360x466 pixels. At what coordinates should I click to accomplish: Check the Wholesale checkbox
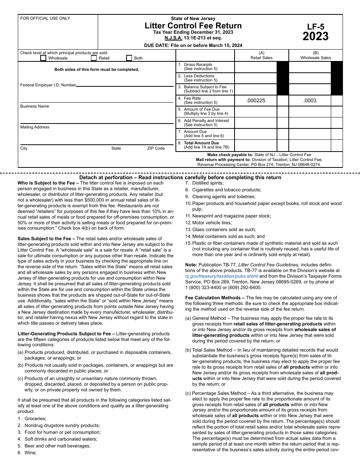pyautogui.click(x=43, y=58)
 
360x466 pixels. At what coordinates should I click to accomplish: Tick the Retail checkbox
pyautogui.click(x=94, y=58)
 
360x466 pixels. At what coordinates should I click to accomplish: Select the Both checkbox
pyautogui.click(x=129, y=58)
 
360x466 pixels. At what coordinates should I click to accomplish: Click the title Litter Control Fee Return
pyautogui.click(x=193, y=26)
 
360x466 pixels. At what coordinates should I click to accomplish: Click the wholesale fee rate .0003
pyautogui.click(x=310, y=100)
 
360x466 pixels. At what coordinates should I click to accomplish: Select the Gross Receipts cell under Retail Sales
pyautogui.click(x=256, y=67)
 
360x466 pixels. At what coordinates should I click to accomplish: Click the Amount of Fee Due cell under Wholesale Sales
pyautogui.click(x=310, y=112)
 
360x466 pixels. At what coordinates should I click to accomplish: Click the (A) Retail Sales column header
pyautogui.click(x=261, y=55)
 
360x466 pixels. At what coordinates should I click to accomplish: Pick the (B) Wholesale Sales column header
pyautogui.click(x=315, y=55)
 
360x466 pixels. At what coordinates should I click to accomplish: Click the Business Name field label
pyautogui.click(x=34, y=106)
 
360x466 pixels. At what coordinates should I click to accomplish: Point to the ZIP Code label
pyautogui.click(x=156, y=148)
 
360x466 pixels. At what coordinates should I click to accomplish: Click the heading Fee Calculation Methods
pyautogui.click(x=213, y=298)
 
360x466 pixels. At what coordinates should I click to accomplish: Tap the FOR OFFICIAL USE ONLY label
pyautogui.click(x=45, y=18)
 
